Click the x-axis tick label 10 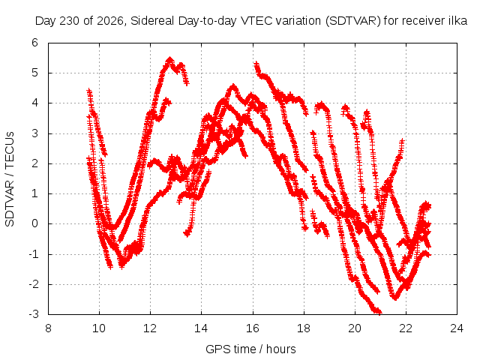tap(99, 328)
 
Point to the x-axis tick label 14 tap(201, 328)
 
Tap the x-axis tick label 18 tap(304, 328)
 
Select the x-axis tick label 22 tap(406, 328)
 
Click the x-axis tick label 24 tap(457, 328)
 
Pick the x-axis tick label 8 tap(48, 328)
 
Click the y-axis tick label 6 tap(35, 43)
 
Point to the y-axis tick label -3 tap(33, 314)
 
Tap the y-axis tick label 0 tap(35, 223)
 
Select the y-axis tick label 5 tap(35, 73)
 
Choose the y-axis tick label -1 tap(33, 253)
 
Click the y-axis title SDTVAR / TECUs tap(10, 179)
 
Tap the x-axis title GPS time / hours tap(250, 349)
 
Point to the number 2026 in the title tap(110, 21)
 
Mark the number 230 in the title tap(69, 21)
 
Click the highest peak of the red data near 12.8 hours tap(170, 58)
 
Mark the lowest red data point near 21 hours tap(379, 313)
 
